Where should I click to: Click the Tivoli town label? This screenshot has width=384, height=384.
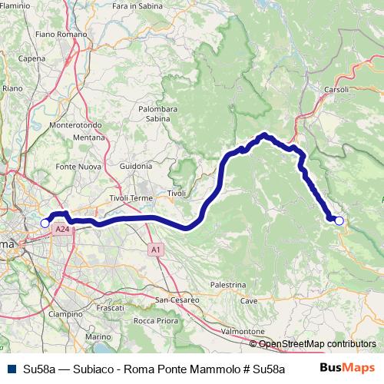coord(177,193)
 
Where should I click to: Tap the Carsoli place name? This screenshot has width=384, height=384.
coord(336,90)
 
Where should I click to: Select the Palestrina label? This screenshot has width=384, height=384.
coord(228,284)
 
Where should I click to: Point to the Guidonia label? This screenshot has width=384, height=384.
coord(137,166)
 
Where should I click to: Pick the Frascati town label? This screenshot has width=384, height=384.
coord(110,307)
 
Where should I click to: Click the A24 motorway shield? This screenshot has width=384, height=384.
coord(61,229)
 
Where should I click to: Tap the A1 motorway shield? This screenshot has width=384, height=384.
coord(156,250)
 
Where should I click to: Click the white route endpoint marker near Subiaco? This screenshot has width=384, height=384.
coord(339,221)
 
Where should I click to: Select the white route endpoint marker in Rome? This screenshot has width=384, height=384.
coord(45,223)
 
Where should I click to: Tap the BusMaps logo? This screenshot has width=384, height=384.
coord(347,368)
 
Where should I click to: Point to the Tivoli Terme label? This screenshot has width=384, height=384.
coord(131,198)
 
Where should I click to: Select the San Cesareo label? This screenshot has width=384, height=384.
coord(177,300)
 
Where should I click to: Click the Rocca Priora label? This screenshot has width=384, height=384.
coord(156,320)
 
